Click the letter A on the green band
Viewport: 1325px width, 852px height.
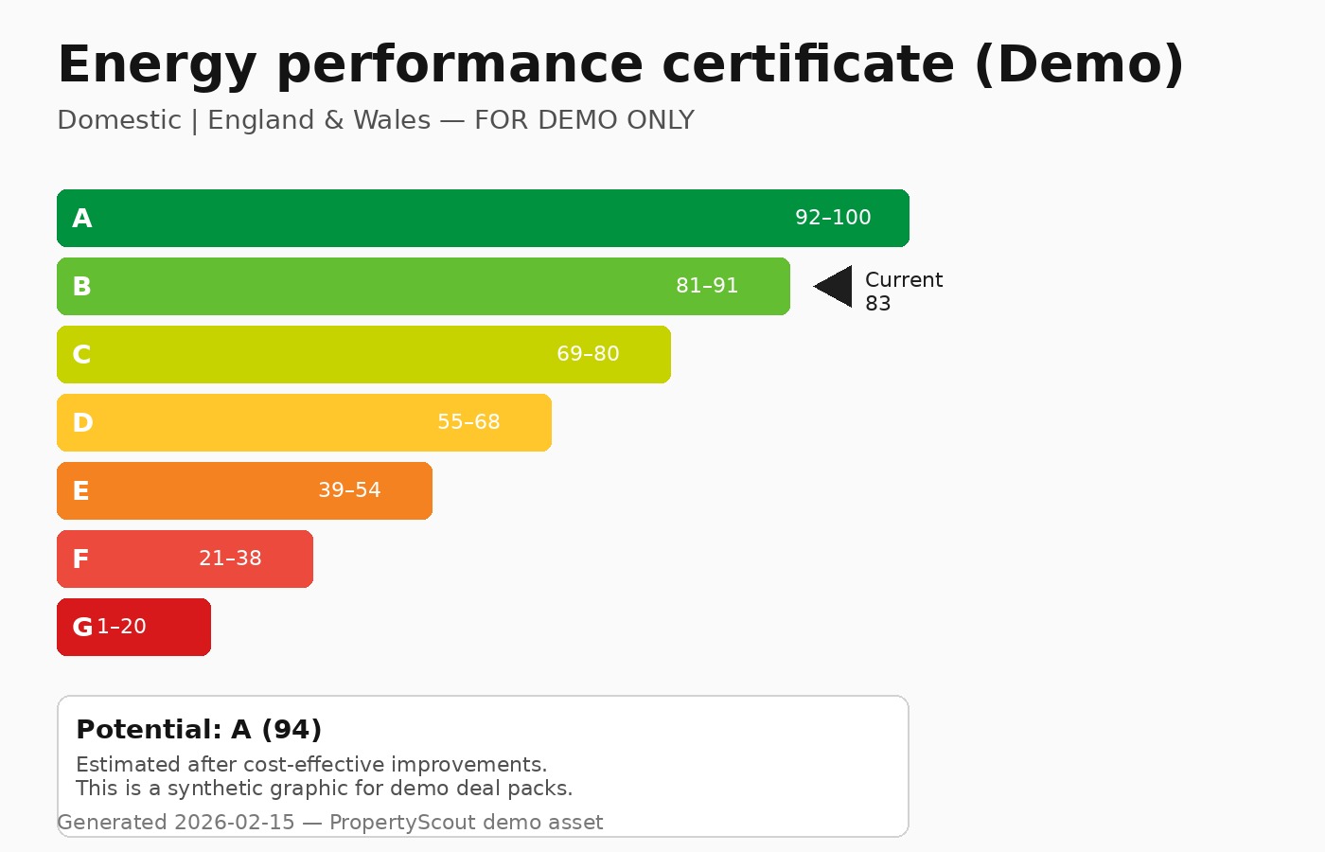tap(82, 219)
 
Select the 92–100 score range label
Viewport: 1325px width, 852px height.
tap(833, 218)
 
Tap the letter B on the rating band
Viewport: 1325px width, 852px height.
tap(82, 287)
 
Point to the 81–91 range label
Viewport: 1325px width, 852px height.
tap(707, 286)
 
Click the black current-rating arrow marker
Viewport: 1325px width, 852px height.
tap(836, 287)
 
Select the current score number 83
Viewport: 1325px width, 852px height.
tap(877, 304)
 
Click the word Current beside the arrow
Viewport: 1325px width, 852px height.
tap(904, 280)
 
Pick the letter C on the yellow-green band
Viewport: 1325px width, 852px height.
tap(82, 355)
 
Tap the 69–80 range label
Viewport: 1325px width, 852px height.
tap(588, 354)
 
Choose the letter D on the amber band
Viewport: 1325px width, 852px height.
tap(83, 423)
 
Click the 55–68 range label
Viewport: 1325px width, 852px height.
tap(468, 422)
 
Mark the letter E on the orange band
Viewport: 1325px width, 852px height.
tap(81, 491)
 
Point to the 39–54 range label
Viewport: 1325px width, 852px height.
tap(349, 490)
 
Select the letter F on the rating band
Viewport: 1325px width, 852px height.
tap(81, 559)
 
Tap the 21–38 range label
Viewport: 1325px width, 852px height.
tap(230, 559)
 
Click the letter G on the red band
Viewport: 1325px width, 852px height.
tap(82, 628)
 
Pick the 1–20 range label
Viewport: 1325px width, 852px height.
tap(122, 627)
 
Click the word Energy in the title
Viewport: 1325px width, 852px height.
tap(157, 64)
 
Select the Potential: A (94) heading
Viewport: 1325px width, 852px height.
tap(199, 730)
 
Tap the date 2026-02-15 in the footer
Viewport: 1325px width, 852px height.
tap(235, 823)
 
